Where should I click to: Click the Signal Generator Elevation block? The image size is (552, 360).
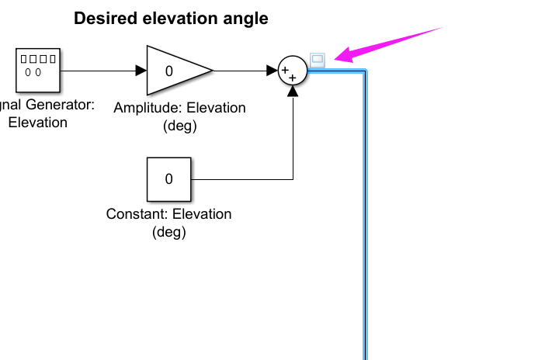pos(38,71)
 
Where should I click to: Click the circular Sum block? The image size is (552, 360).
pos(293,71)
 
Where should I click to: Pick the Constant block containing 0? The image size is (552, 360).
pos(168,179)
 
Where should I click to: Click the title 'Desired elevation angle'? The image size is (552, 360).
pos(171,19)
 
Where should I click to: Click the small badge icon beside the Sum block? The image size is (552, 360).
pos(317,58)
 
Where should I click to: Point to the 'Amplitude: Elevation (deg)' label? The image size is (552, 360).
pos(179,116)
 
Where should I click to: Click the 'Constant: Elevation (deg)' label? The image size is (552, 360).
pos(168,223)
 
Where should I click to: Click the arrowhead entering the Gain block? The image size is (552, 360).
pos(141,71)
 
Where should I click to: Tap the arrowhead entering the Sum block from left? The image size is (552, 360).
pos(273,71)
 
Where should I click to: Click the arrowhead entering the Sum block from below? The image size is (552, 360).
pos(293,91)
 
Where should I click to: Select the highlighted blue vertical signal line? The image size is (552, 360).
pos(364,233)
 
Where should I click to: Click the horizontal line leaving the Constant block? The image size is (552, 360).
pos(241,179)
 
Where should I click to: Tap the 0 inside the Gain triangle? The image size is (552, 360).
pos(168,71)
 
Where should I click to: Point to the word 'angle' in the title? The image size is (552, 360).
pos(247,19)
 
